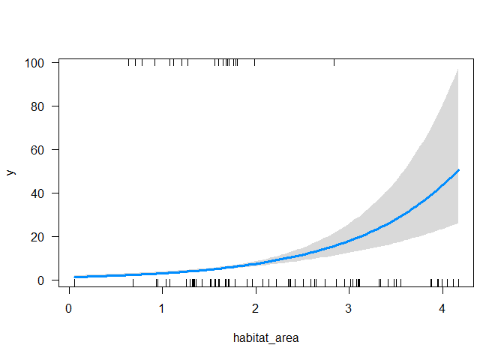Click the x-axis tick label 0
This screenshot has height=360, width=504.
[x=69, y=307]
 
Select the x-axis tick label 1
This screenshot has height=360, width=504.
[x=162, y=307]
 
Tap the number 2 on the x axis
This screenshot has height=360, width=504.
[x=256, y=307]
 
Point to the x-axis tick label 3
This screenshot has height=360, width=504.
[x=349, y=307]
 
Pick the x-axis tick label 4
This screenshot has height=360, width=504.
[x=442, y=307]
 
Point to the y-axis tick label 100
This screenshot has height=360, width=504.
[x=38, y=63]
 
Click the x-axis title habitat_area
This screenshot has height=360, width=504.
[x=265, y=337]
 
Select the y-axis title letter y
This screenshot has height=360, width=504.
[x=11, y=172]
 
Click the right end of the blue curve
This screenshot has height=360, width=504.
[x=458, y=170]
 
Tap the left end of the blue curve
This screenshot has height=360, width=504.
[x=75, y=277]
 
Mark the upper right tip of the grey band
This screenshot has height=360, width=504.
[x=458, y=69]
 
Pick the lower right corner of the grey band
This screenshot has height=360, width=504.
[x=458, y=223]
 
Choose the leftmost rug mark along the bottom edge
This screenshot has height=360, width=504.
[x=75, y=283]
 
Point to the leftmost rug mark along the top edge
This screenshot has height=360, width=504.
[x=129, y=62]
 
